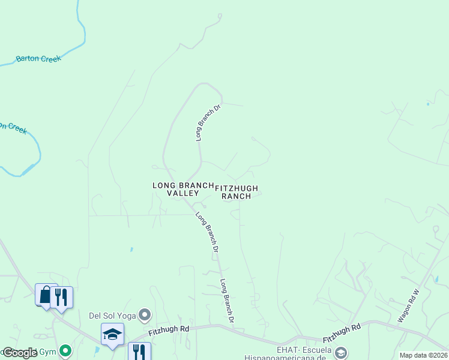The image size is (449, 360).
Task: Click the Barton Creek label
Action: coord(38,59)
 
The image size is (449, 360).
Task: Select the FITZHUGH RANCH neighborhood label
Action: coord(236,192)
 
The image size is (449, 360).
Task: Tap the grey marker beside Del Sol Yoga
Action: coord(144,314)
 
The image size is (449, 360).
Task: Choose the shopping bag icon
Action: coord(46,295)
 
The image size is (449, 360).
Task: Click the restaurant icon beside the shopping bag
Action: coord(61,297)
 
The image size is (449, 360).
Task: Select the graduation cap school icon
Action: coord(112,334)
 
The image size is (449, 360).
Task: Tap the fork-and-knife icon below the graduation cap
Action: coord(139,351)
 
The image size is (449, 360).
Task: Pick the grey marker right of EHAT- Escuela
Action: coord(341,352)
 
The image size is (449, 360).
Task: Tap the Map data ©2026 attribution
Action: coord(423,355)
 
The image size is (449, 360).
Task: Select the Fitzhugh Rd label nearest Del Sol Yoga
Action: coord(169,329)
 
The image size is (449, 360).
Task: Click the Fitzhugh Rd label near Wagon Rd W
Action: coord(341,329)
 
